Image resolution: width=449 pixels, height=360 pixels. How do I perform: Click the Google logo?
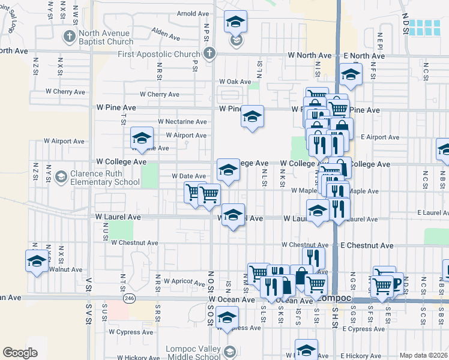pyautogui.click(x=20, y=353)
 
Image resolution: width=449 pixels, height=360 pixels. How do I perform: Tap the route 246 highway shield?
pyautogui.click(x=128, y=298)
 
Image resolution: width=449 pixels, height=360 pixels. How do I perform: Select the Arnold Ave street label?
pyautogui.click(x=193, y=31)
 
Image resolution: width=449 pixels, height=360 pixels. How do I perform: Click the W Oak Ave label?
pyautogui.click(x=235, y=82)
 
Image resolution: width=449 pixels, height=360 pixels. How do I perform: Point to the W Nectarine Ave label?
pyautogui.click(x=182, y=121)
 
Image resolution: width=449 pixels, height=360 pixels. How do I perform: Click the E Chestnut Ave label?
pyautogui.click(x=367, y=245)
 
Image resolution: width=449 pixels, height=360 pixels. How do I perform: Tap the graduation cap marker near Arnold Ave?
pyautogui.click(x=236, y=23)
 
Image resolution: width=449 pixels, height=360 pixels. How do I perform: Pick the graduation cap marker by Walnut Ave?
pyautogui.click(x=37, y=261)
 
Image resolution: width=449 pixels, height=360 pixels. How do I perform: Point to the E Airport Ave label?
pyautogui.click(x=380, y=137)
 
